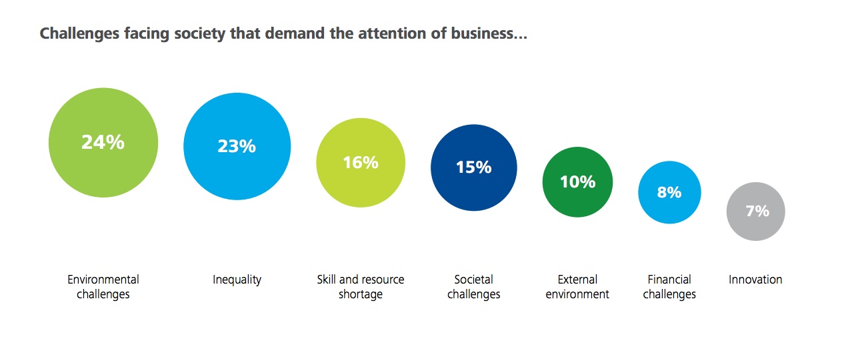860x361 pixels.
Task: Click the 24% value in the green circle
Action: pos(103,142)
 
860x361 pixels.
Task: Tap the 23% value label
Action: pos(237,146)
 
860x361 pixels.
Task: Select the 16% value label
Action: pos(361,162)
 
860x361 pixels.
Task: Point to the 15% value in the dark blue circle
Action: pos(473,167)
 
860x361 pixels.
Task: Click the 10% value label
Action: pos(577,182)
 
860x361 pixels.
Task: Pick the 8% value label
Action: pos(669,192)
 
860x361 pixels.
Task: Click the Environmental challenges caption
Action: pos(103,287)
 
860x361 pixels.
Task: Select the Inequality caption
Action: pos(237,280)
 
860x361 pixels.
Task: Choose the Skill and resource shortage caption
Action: pos(361,287)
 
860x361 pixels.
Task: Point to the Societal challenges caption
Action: pos(473,287)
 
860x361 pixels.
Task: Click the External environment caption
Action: pos(577,287)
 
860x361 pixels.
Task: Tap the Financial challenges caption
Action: pos(669,287)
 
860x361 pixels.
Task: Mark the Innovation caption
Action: pos(755,280)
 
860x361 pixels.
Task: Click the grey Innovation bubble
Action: pos(755,227)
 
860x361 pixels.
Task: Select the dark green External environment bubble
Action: pos(577,200)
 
